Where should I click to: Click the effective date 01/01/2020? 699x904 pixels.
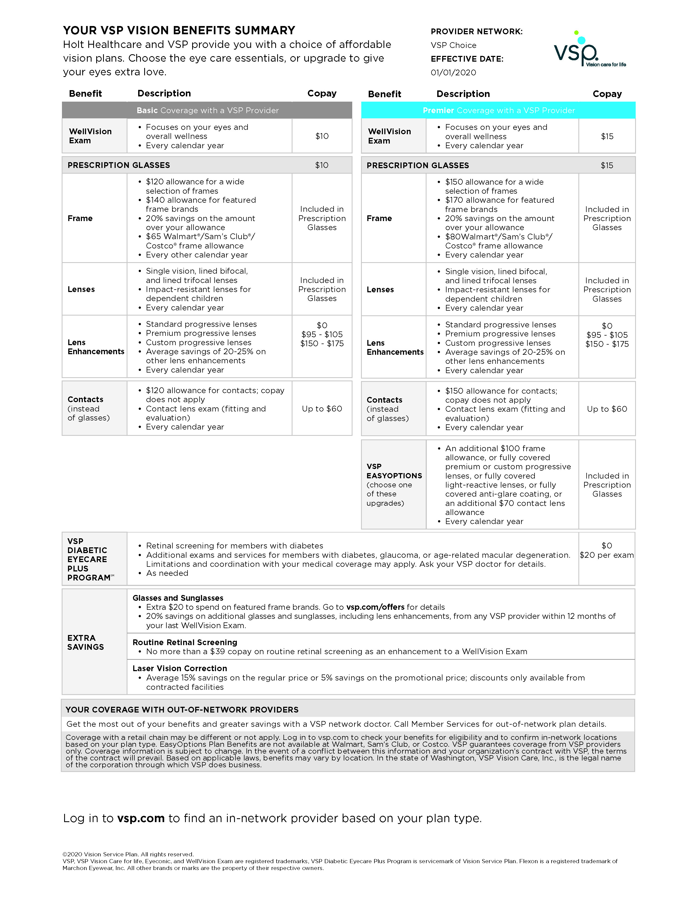click(x=453, y=72)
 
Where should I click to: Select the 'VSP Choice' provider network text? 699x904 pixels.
click(x=453, y=45)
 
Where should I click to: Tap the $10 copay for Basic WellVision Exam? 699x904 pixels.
click(x=322, y=136)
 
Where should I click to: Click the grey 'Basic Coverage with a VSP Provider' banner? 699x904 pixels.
click(x=207, y=110)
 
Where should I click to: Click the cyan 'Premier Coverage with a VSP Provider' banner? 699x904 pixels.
click(x=498, y=110)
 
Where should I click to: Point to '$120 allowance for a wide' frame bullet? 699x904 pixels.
click(x=195, y=182)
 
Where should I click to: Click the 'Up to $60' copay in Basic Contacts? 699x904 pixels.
click(x=322, y=409)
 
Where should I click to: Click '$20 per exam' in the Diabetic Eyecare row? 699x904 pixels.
click(x=606, y=555)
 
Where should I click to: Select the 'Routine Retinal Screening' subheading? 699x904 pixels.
click(x=185, y=642)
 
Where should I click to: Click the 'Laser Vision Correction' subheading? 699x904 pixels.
click(x=180, y=668)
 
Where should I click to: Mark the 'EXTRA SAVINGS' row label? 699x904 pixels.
click(x=85, y=642)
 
